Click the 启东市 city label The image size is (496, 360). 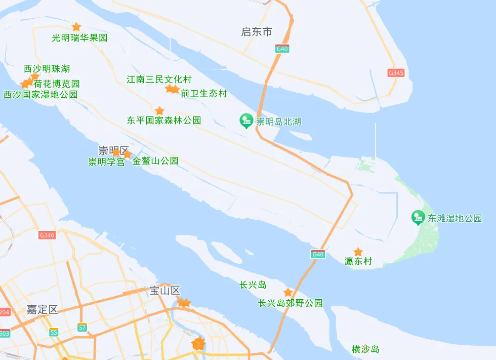point(257,32)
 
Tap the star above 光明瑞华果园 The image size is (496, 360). point(76,27)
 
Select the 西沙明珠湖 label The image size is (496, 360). point(47,69)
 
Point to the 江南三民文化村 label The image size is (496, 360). point(159,79)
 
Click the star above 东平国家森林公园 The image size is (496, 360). point(159,111)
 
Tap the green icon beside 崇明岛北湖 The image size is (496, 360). point(246,121)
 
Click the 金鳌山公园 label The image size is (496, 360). point(155,161)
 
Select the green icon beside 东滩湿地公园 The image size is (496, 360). point(418,218)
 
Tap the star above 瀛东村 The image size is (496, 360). point(358,252)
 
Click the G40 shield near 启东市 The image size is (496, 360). point(282,49)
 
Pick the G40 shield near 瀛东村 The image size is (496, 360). point(317,254)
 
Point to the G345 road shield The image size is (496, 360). point(396,73)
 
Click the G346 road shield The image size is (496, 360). point(47,235)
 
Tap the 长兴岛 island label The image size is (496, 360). point(253,285)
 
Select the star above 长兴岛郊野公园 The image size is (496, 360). point(288,293)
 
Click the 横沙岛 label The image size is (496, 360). point(365,349)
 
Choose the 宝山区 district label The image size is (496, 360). point(165,291)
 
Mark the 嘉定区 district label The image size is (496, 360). point(43,310)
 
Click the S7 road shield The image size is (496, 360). point(82,328)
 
